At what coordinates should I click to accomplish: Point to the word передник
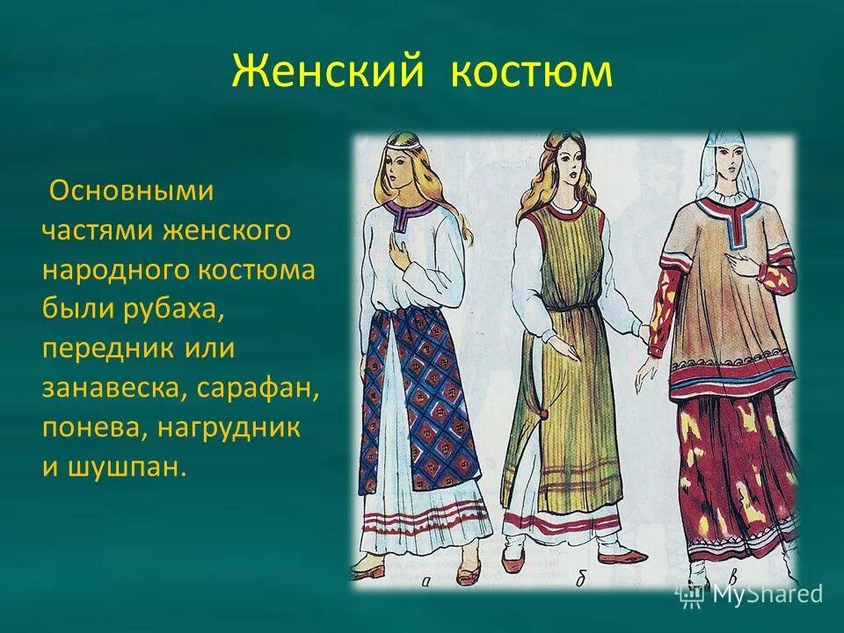click(x=105, y=347)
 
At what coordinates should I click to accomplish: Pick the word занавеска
click(x=111, y=387)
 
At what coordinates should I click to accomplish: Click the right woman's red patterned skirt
click(x=738, y=466)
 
